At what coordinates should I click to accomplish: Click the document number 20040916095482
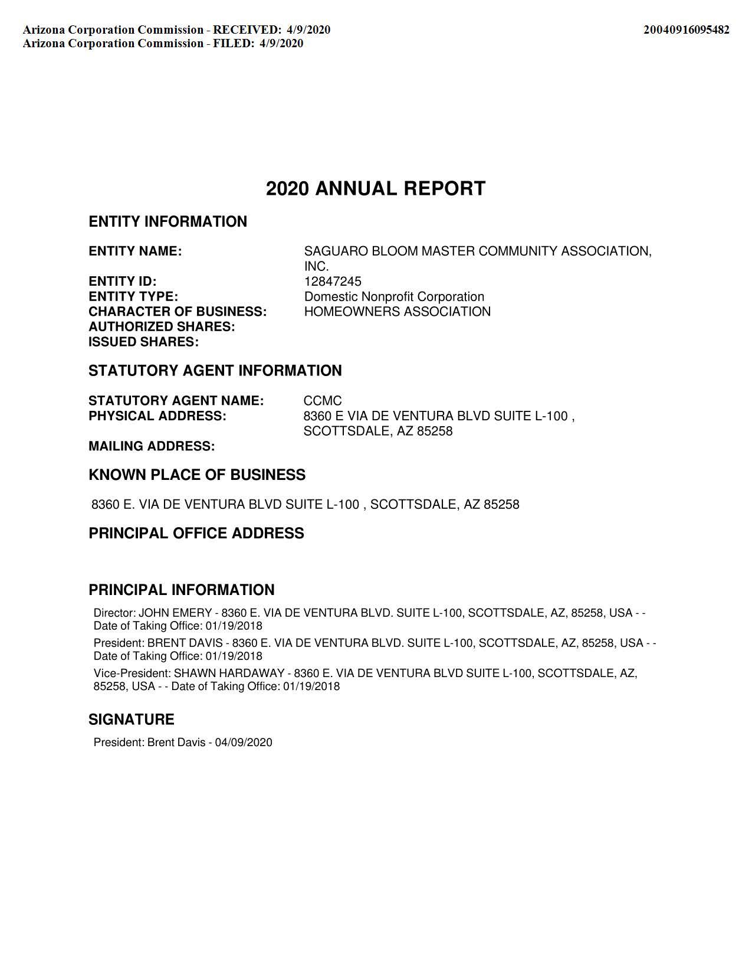686,30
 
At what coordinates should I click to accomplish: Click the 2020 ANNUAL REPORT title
376,188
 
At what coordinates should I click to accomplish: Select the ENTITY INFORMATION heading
168,221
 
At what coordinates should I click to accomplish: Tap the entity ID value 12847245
333,281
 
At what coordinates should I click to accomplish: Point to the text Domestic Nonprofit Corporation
394,296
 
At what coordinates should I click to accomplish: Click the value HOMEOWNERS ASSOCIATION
397,311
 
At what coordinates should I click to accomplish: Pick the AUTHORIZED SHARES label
162,326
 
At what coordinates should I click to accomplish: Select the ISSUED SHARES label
143,342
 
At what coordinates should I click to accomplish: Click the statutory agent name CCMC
322,401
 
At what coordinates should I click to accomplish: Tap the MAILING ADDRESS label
152,446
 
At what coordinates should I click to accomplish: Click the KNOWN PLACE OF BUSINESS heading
197,475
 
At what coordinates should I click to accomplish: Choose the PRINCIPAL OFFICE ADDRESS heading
196,533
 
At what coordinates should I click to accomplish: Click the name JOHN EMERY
175,613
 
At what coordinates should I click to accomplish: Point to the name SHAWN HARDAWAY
229,673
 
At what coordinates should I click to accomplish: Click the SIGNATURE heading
132,719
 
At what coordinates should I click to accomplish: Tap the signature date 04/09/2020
244,742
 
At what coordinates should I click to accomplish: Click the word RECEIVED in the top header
247,30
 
